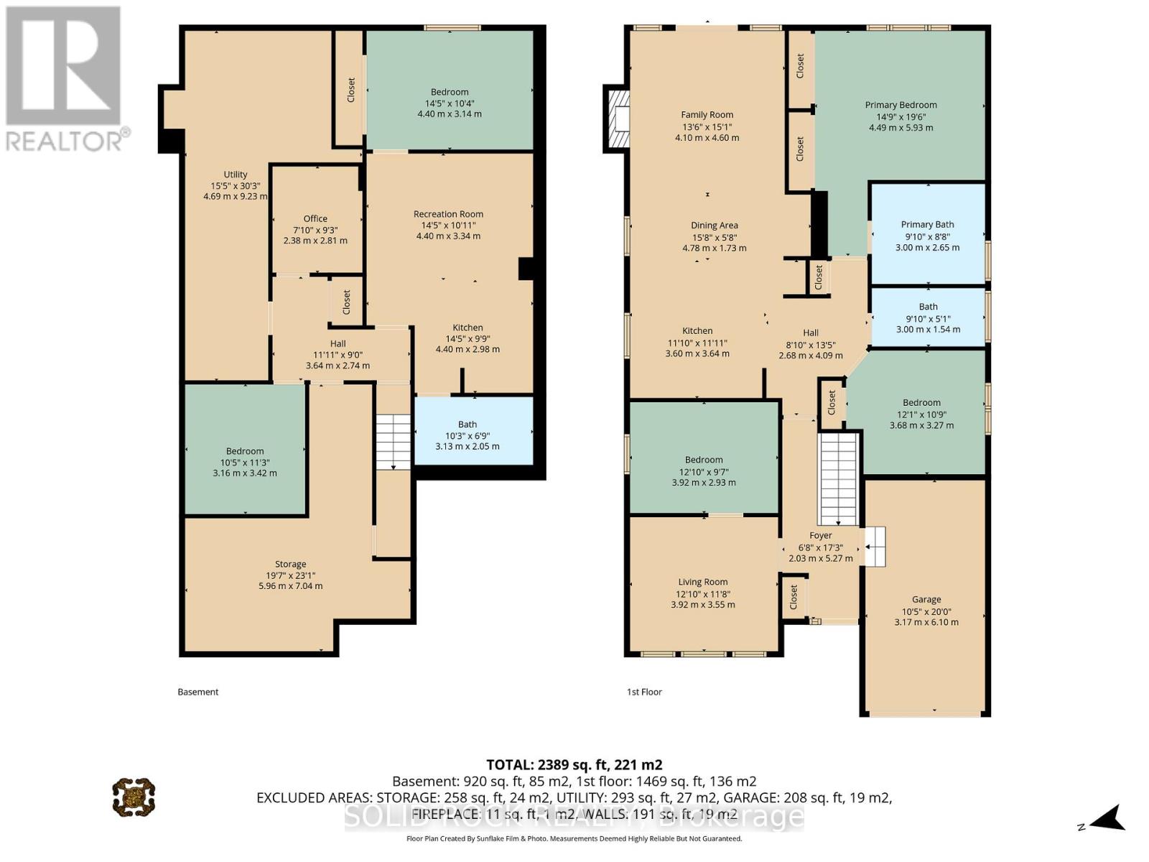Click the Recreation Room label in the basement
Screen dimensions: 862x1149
coord(448,214)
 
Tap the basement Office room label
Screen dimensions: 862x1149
coord(315,218)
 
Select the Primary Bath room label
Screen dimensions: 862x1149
coord(927,225)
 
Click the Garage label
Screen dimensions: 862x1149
coord(926,599)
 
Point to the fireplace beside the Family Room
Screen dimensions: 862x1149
coord(618,119)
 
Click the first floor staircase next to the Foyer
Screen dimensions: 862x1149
coord(839,478)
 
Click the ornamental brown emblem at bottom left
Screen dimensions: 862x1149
coord(134,797)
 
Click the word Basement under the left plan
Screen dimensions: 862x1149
coord(198,692)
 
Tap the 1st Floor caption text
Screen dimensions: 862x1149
coord(644,692)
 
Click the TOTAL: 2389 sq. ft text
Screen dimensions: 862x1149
coord(574,764)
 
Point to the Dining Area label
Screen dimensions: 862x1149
coord(714,226)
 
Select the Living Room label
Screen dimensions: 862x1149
coord(703,582)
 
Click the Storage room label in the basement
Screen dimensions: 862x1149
coord(290,564)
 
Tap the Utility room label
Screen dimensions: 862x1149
coord(235,175)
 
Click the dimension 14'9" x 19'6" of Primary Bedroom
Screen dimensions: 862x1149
coord(901,116)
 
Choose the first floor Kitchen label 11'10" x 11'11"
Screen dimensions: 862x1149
coord(697,342)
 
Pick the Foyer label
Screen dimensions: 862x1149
coord(821,535)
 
